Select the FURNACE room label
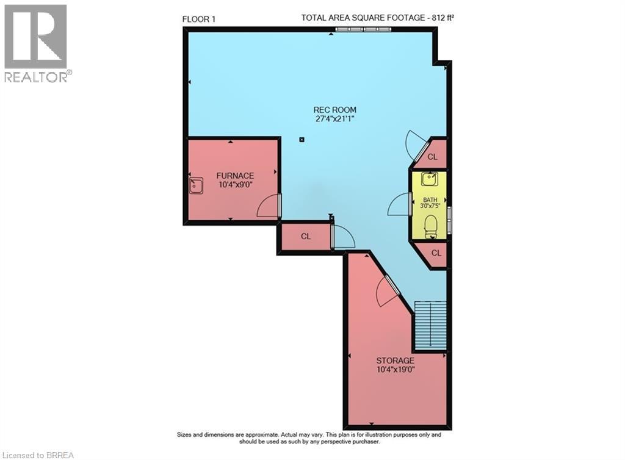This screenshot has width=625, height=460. (235, 176)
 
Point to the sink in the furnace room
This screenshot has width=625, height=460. (196, 185)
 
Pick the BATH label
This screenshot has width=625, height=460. (431, 199)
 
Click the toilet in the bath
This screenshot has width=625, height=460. (431, 226)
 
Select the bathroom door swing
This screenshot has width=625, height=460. (399, 204)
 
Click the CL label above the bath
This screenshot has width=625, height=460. (433, 157)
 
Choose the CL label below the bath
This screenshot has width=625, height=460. (436, 253)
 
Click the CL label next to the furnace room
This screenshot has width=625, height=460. (306, 236)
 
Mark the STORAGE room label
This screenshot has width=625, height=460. (395, 361)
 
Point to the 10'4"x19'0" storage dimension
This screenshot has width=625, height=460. (395, 369)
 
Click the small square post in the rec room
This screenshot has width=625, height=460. (302, 140)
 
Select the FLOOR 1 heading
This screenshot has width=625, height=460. (199, 19)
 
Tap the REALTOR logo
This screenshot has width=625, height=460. (37, 43)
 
